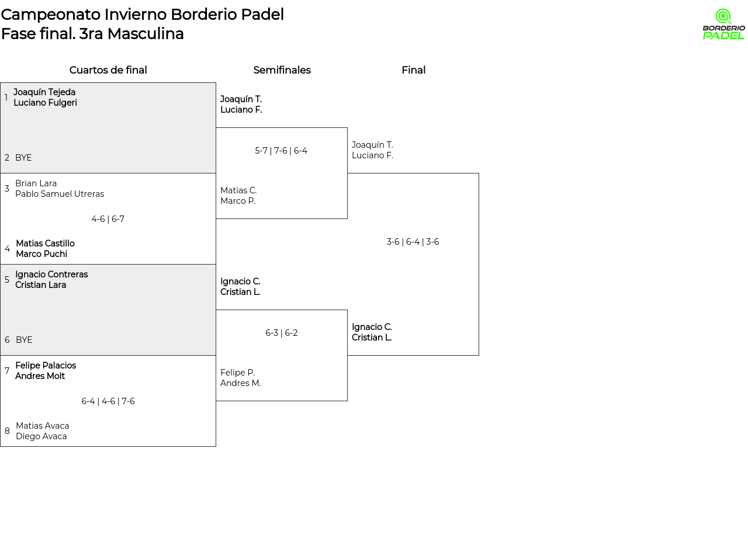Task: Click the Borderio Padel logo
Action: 723,24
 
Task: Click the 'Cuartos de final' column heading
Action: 108,70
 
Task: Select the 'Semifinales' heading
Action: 282,70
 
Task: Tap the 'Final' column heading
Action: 413,70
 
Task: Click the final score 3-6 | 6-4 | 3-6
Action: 413,242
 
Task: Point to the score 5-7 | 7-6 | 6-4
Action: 281,151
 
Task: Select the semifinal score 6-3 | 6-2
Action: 282,333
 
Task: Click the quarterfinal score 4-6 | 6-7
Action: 108,219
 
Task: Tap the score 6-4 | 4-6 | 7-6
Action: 108,401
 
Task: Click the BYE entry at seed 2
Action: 23,158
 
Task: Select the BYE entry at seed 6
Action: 24,340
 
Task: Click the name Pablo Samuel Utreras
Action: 60,194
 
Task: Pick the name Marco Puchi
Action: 41,254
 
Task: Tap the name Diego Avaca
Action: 41,436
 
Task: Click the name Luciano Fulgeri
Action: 45,102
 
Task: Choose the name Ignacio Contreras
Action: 51,275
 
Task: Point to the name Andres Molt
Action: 40,376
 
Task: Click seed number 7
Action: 7,370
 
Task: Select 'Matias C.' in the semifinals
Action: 238,190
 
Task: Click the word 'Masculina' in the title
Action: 146,34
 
